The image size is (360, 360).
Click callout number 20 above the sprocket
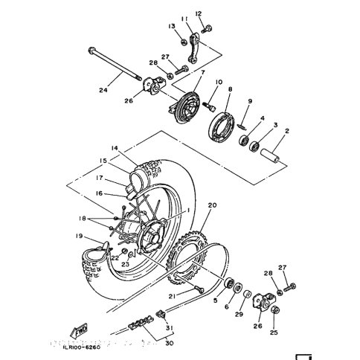pyautogui.click(x=212, y=205)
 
